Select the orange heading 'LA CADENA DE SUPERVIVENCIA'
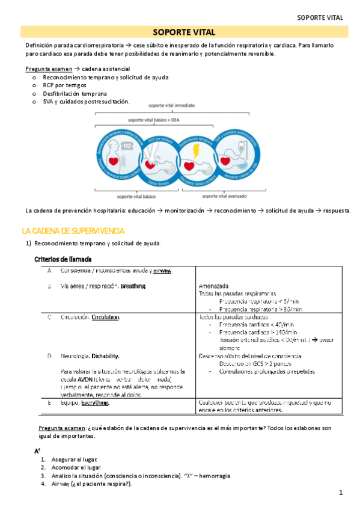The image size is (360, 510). (x=73, y=231)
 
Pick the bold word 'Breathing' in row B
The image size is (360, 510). (x=133, y=286)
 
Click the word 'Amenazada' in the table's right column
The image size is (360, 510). (x=214, y=286)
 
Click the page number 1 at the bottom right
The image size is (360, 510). (x=340, y=494)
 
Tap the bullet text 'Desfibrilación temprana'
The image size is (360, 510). (x=75, y=94)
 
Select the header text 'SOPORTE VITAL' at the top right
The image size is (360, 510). (x=320, y=17)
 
